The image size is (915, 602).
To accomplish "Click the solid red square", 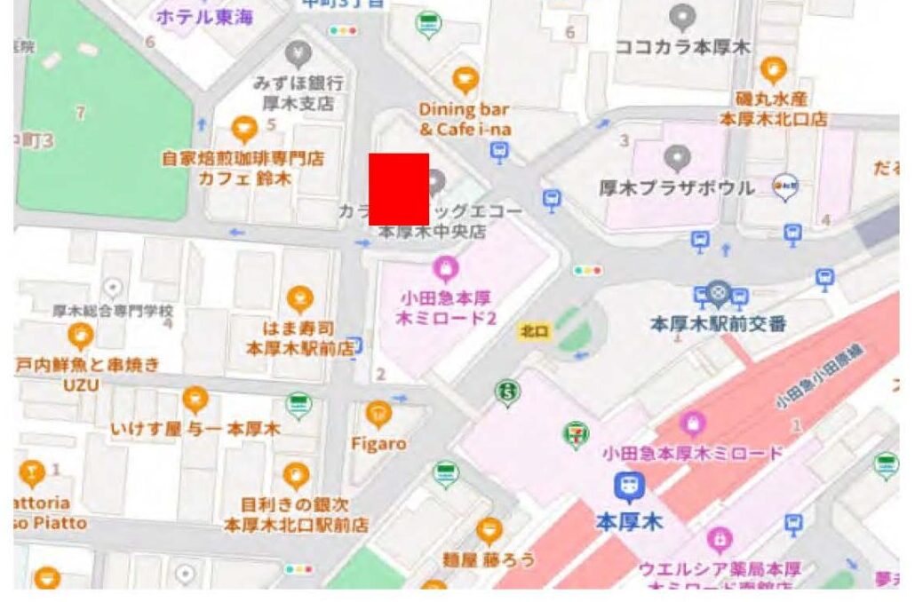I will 399,188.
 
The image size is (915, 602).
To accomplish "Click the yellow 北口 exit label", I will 532,329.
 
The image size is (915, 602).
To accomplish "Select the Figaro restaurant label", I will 379,443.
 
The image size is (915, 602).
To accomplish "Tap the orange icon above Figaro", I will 379,414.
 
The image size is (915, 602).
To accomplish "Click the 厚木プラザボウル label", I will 677,188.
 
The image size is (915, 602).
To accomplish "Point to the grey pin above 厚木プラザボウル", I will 678,158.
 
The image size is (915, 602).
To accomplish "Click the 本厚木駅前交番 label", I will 718,324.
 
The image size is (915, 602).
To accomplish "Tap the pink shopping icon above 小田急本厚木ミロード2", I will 444,265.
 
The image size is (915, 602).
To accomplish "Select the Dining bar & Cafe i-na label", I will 465,119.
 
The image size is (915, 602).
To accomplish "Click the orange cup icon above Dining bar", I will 465,81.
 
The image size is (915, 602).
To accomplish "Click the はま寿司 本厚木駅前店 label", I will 299,338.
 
